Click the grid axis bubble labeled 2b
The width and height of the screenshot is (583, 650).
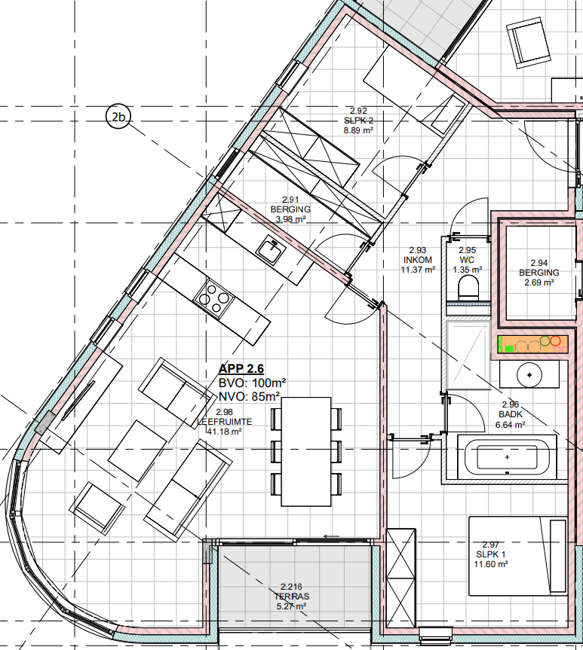pyautogui.click(x=118, y=117)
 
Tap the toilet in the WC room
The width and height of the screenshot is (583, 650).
pyautogui.click(x=469, y=288)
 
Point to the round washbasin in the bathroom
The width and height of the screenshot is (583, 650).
pyautogui.click(x=529, y=375)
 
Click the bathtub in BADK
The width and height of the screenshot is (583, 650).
pyautogui.click(x=507, y=457)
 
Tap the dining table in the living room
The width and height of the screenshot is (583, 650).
pyautogui.click(x=306, y=451)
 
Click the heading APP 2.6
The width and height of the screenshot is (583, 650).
pyautogui.click(x=241, y=368)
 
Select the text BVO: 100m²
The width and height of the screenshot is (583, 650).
pyautogui.click(x=252, y=383)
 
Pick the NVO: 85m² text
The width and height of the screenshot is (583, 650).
pyautogui.click(x=249, y=397)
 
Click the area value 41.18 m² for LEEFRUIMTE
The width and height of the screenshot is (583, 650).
pyautogui.click(x=224, y=432)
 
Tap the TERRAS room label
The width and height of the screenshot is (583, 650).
pyautogui.click(x=291, y=597)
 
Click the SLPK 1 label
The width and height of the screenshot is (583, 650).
pyautogui.click(x=491, y=554)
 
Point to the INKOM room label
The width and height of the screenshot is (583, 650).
pyautogui.click(x=418, y=260)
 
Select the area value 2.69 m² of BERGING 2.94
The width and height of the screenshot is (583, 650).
pyautogui.click(x=539, y=282)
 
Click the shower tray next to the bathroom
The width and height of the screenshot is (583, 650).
pyautogui.click(x=468, y=355)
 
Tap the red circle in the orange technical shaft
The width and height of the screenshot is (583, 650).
pyautogui.click(x=556, y=340)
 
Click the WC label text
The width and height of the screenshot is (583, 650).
pyautogui.click(x=467, y=260)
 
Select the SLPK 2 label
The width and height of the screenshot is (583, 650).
pyautogui.click(x=358, y=121)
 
